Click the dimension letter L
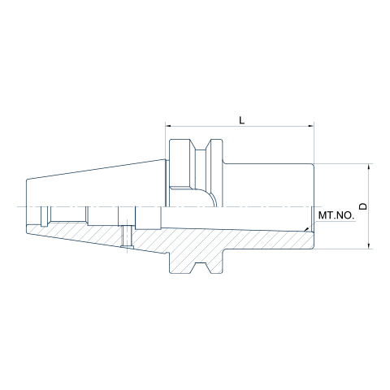pyautogui.click(x=241, y=119)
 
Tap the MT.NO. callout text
pyautogui.click(x=336, y=215)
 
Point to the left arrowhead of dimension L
pyautogui.click(x=168, y=126)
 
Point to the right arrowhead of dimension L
pyautogui.click(x=311, y=126)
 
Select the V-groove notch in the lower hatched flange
pyautogui.click(x=201, y=267)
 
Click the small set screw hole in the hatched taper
pyautogui.click(x=127, y=236)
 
